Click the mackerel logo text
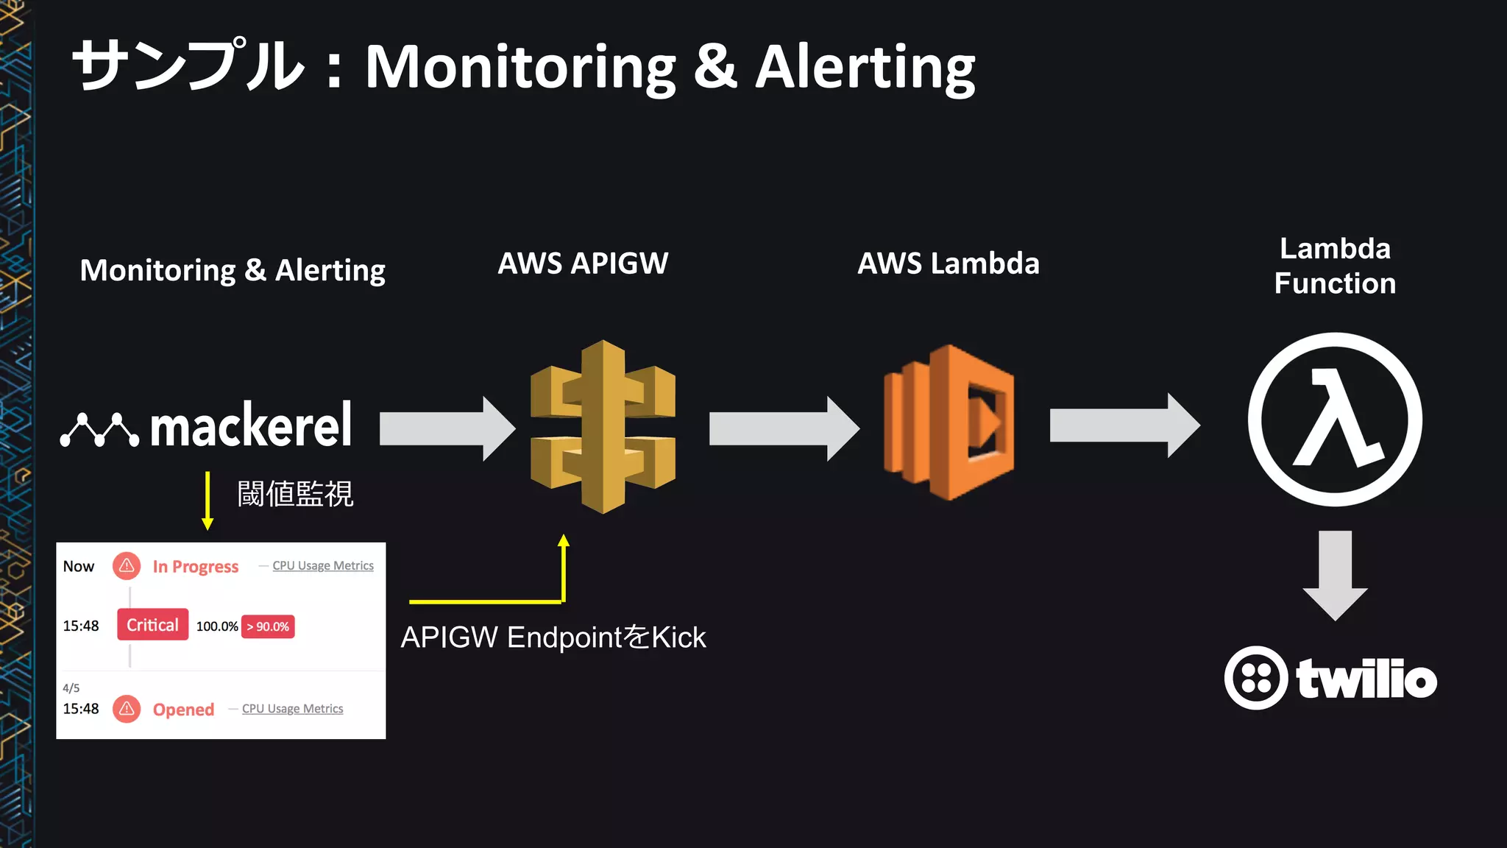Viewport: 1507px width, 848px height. coord(250,426)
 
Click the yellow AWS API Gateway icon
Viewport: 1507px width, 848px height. coord(603,426)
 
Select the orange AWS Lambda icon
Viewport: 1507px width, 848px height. coord(949,423)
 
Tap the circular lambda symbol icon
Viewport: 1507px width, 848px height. coord(1335,420)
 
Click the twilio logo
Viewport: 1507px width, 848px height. coord(1330,678)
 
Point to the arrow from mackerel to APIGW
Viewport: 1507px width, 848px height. coord(446,428)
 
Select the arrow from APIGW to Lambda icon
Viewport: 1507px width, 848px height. coord(783,428)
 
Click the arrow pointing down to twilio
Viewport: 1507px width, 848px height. coord(1335,574)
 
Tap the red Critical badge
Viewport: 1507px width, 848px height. coord(152,625)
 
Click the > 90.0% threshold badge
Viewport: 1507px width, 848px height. coord(268,626)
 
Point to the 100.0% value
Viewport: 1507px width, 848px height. coord(216,626)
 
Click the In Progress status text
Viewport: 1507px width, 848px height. coord(196,567)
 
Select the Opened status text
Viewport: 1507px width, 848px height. coord(183,710)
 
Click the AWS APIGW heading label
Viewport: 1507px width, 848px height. coord(583,264)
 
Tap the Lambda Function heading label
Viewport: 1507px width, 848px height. coord(1335,266)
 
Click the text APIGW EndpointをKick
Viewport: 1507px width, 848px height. coord(553,637)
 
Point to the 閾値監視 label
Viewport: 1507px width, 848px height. coord(295,494)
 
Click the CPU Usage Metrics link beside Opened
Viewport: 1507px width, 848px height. coord(292,709)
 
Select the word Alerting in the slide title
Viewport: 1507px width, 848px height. coord(865,68)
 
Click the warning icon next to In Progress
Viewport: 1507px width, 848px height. coord(127,566)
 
